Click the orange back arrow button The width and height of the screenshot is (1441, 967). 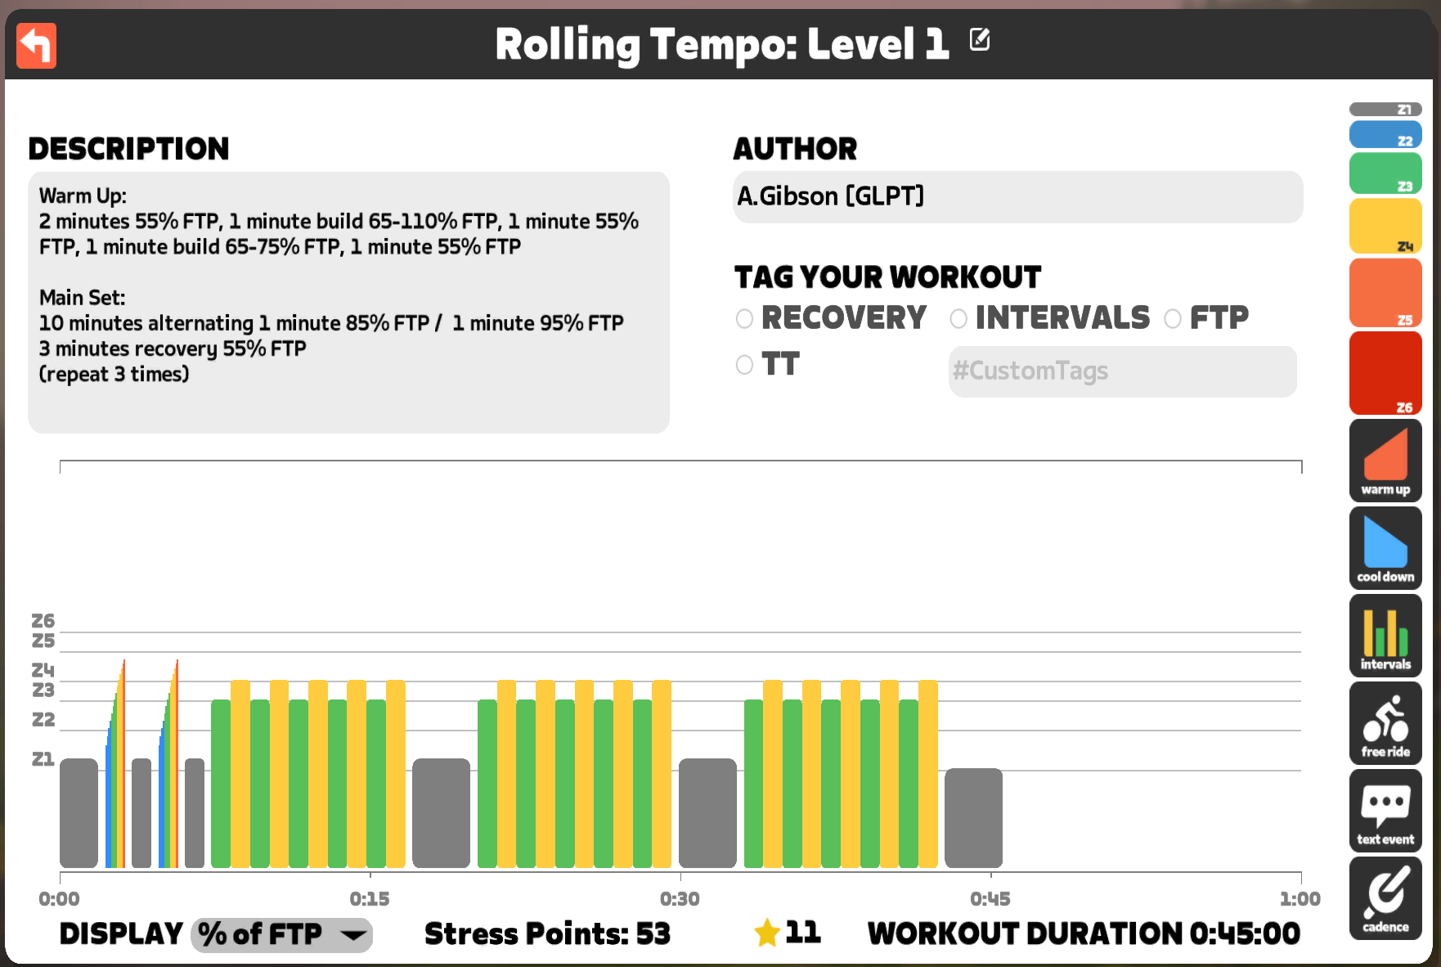pyautogui.click(x=36, y=45)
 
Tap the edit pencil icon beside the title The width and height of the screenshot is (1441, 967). pyautogui.click(x=979, y=39)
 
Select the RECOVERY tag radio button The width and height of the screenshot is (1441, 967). pyautogui.click(x=744, y=318)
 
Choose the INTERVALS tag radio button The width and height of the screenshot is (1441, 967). pyautogui.click(x=958, y=318)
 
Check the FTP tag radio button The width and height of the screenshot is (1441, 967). pyautogui.click(x=1173, y=318)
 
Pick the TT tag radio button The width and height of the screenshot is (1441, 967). pyautogui.click(x=744, y=365)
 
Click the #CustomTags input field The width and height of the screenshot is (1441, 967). pyautogui.click(x=1122, y=371)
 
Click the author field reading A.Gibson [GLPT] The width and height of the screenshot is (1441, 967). pyautogui.click(x=1017, y=197)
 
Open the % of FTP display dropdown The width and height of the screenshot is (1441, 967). pyautogui.click(x=281, y=934)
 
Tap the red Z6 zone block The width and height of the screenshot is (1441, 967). pyautogui.click(x=1385, y=373)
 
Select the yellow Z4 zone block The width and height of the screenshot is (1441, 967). pyautogui.click(x=1385, y=226)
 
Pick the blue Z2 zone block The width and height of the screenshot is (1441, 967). pyautogui.click(x=1385, y=135)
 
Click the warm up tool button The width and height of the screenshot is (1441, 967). pyautogui.click(x=1385, y=461)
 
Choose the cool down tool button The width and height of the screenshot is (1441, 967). pyautogui.click(x=1385, y=548)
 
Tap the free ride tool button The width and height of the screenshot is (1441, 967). pyautogui.click(x=1385, y=723)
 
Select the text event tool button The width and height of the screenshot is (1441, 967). pyautogui.click(x=1385, y=811)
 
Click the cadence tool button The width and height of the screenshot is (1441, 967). pyautogui.click(x=1385, y=898)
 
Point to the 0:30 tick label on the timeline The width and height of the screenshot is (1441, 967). pyautogui.click(x=680, y=899)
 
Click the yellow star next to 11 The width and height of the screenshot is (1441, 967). pyautogui.click(x=767, y=933)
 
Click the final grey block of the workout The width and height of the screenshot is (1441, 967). pyautogui.click(x=973, y=817)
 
